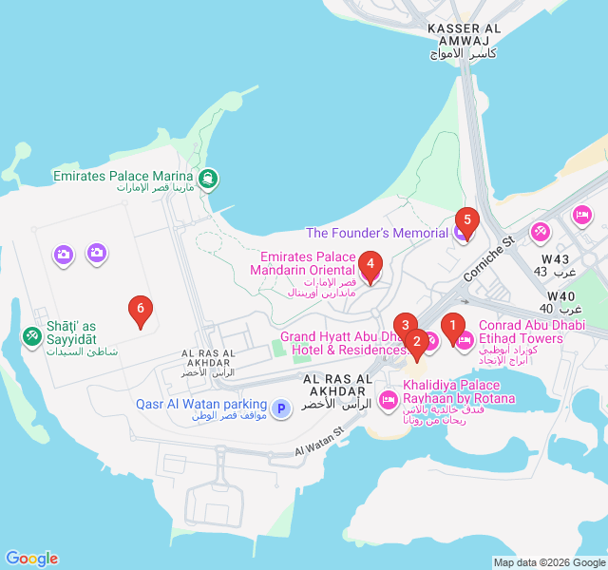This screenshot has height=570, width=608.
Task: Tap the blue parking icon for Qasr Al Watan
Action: point(281,408)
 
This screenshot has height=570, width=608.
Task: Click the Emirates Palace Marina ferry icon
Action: point(208,178)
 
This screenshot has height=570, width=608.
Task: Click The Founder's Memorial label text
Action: point(377,233)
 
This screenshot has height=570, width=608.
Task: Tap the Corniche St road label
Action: point(488,258)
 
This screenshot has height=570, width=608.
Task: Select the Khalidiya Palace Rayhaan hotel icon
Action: point(388,400)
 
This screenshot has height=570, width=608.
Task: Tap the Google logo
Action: point(31,559)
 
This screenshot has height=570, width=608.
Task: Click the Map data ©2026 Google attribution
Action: point(549,562)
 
